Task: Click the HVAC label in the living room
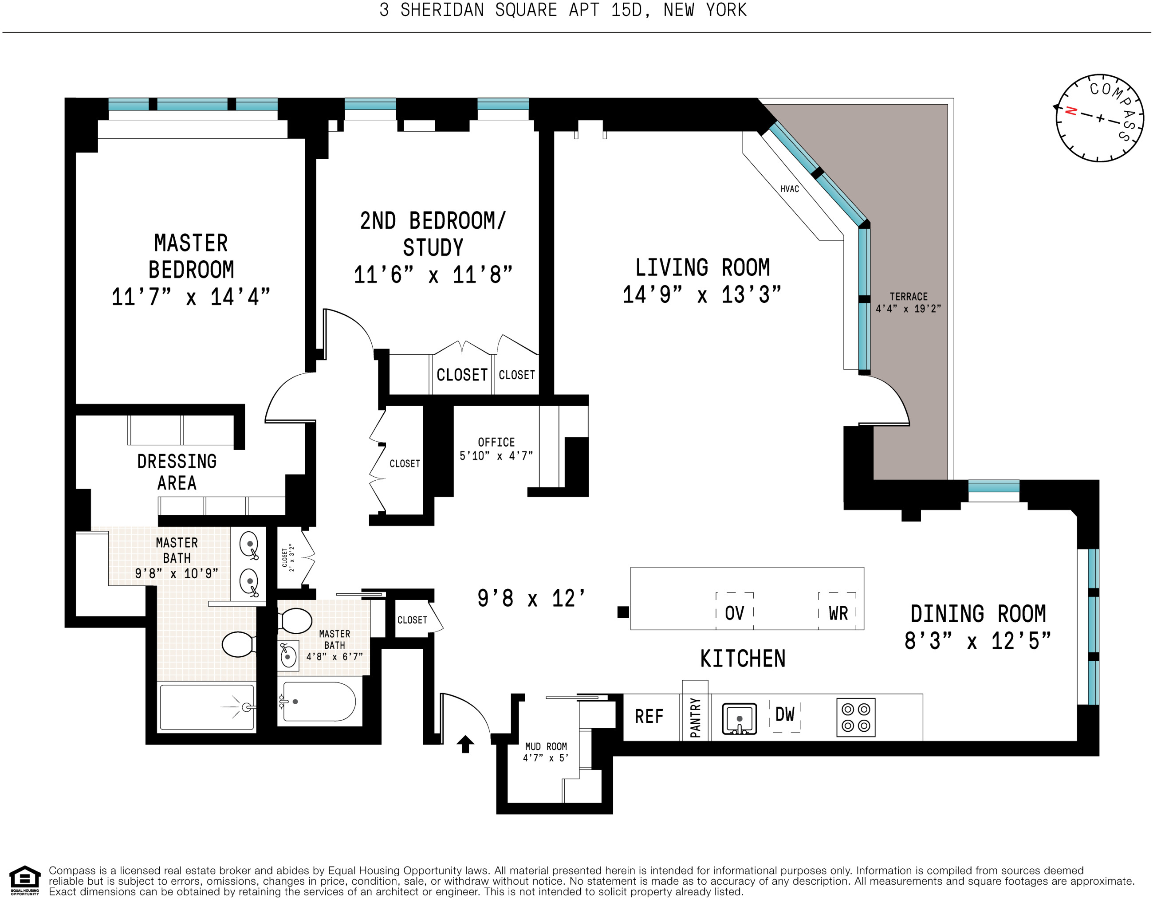[x=789, y=189]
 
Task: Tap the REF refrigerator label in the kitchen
[x=649, y=717]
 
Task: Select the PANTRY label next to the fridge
[x=695, y=718]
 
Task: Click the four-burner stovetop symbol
[x=856, y=718]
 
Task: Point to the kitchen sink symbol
[x=739, y=718]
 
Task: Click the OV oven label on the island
[x=734, y=613]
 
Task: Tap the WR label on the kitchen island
[x=838, y=613]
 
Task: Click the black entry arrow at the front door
[x=465, y=744]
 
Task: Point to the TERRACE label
[x=909, y=297]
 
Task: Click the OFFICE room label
[x=496, y=442]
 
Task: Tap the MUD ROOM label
[x=546, y=747]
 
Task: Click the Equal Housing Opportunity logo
[x=25, y=881]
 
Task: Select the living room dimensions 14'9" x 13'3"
[x=702, y=294]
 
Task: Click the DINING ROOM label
[x=978, y=614]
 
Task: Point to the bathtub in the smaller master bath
[x=319, y=702]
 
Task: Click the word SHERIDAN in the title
[x=442, y=10]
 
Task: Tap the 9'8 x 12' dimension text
[x=531, y=598]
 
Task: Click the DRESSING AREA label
[x=177, y=472]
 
